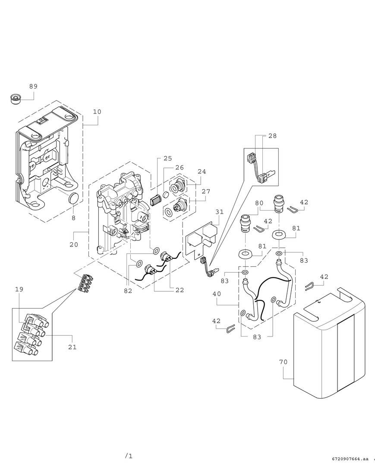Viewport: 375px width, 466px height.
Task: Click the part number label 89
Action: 33,86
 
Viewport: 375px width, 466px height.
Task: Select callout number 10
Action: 97,112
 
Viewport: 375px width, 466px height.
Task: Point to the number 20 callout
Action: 73,245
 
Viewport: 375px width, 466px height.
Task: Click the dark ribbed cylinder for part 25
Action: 155,200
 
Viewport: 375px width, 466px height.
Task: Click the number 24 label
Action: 202,172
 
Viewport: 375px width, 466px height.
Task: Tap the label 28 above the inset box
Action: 272,136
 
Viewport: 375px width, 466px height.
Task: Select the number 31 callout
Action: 220,212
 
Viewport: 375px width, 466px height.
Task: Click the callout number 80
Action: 259,203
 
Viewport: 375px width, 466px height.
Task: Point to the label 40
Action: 217,294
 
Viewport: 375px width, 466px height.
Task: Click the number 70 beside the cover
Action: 283,362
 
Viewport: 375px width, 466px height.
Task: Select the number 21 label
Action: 72,347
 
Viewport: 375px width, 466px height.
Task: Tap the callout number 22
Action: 179,290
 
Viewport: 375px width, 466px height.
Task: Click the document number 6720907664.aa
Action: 351,459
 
